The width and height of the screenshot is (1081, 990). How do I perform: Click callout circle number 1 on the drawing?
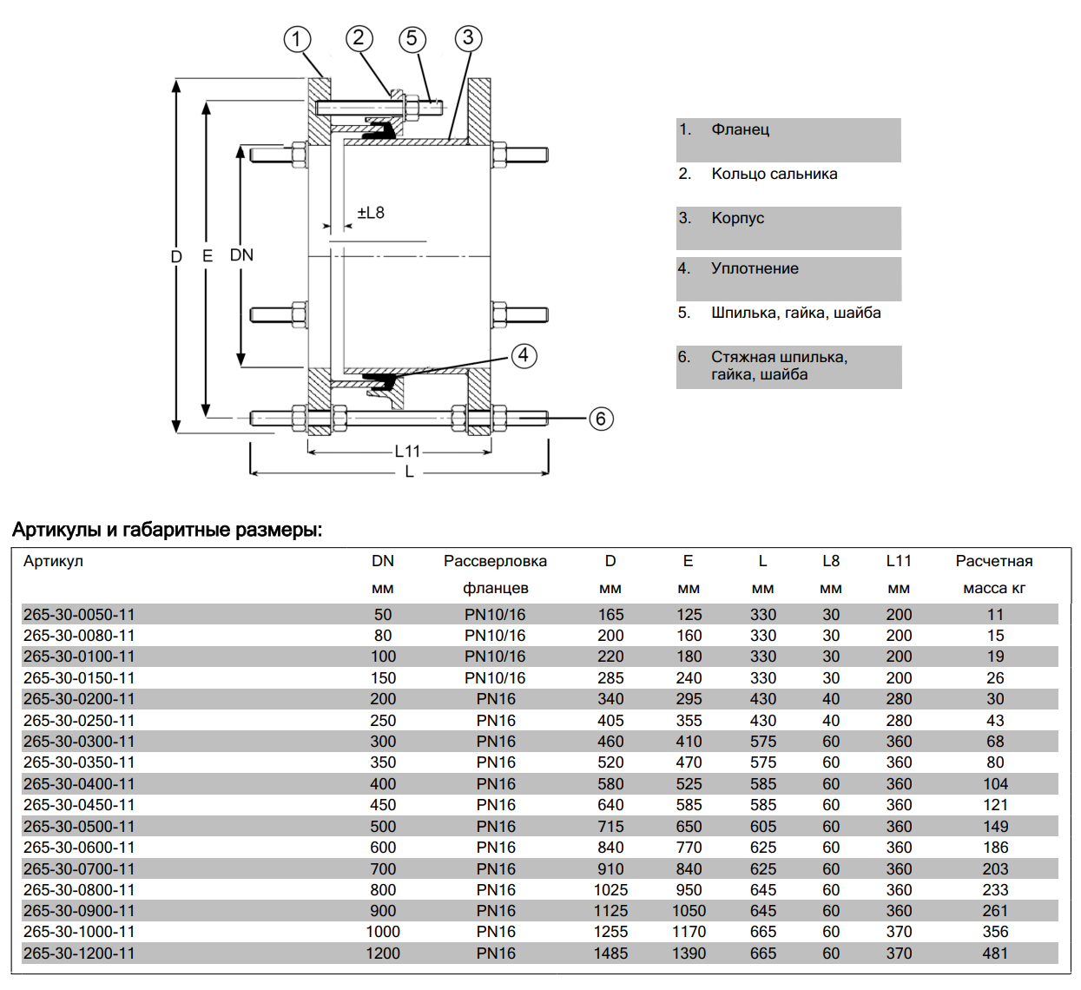(x=297, y=39)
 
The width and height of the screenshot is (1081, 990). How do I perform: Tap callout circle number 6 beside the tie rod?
(x=601, y=419)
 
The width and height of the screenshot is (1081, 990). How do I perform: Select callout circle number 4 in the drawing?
(x=524, y=355)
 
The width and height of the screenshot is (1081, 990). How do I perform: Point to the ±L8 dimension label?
(x=371, y=213)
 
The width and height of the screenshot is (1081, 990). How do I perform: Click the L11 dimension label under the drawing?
(x=407, y=451)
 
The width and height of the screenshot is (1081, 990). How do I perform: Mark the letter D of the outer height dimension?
(x=176, y=256)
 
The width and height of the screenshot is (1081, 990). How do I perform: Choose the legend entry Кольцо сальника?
(x=774, y=174)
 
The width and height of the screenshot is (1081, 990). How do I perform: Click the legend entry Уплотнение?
(x=755, y=268)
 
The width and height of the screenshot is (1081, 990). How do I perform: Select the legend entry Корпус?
(x=737, y=218)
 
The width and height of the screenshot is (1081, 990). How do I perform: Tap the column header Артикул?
(x=53, y=561)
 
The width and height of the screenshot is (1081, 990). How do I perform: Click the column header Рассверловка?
(x=495, y=561)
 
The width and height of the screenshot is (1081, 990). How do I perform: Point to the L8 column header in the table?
(x=831, y=561)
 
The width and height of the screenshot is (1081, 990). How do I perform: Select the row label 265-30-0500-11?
(x=79, y=827)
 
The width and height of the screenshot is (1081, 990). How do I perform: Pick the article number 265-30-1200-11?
(x=79, y=954)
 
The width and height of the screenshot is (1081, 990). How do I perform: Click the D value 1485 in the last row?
(x=610, y=954)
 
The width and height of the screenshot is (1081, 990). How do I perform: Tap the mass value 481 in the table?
(x=995, y=954)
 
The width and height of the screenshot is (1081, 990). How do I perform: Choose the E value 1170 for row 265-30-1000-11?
(x=689, y=932)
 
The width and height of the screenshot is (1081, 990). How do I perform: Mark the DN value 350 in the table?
(x=383, y=762)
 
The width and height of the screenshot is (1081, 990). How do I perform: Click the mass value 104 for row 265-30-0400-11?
(x=995, y=784)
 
